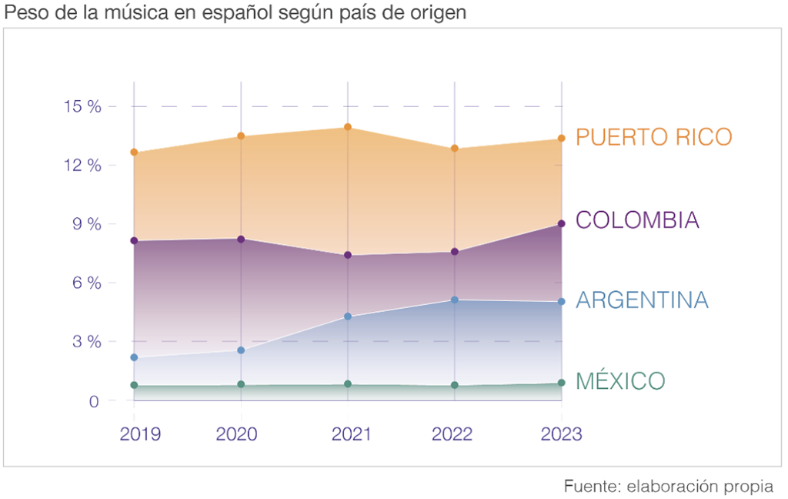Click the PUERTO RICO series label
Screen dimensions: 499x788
(653, 137)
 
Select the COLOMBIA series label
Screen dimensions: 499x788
(637, 220)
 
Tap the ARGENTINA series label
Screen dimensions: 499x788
(642, 300)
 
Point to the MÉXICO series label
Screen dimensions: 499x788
(620, 381)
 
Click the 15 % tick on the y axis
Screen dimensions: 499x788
(82, 107)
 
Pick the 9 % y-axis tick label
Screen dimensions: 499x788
(86, 224)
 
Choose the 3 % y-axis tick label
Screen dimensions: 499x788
(86, 341)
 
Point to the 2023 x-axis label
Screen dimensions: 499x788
(561, 434)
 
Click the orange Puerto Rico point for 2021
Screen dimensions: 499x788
(348, 127)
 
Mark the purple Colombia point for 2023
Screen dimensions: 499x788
(562, 223)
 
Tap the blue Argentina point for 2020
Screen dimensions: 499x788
(241, 350)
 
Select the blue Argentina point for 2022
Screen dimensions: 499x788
(455, 300)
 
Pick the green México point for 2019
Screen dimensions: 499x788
(134, 385)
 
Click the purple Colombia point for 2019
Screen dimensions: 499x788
(134, 241)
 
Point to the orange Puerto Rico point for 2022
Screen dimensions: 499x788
(455, 149)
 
